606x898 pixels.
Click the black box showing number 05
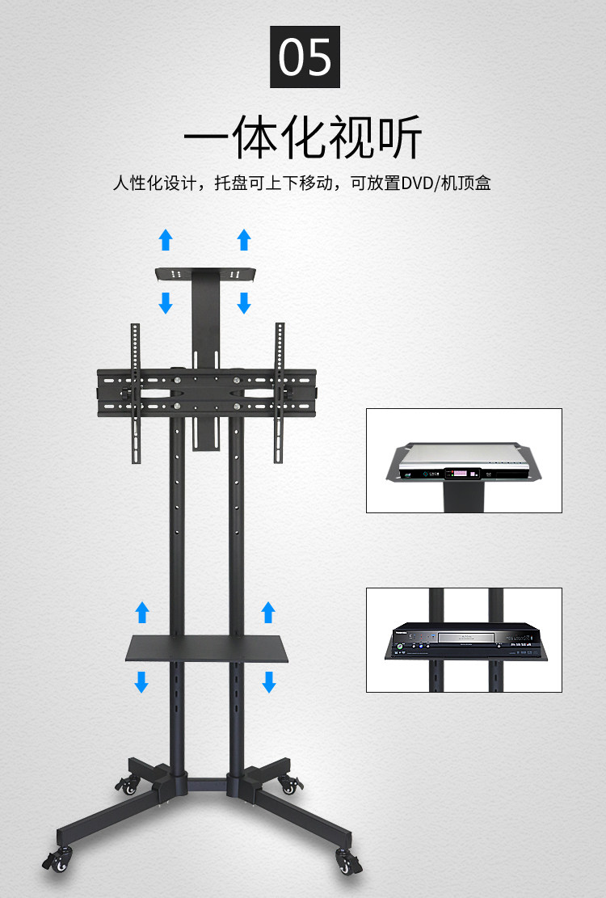point(305,57)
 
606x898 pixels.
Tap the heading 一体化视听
point(303,137)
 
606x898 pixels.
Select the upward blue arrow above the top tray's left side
point(166,239)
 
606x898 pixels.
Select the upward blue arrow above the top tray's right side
point(244,239)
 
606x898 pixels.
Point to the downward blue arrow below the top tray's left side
point(166,302)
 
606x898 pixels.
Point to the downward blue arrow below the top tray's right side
point(244,302)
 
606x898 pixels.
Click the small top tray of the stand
point(206,274)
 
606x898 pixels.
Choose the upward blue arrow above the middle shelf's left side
point(142,612)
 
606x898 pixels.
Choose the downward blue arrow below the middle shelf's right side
point(269,681)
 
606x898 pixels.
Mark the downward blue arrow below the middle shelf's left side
point(142,681)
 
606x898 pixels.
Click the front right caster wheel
point(347,864)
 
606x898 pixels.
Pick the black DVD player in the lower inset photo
point(464,638)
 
